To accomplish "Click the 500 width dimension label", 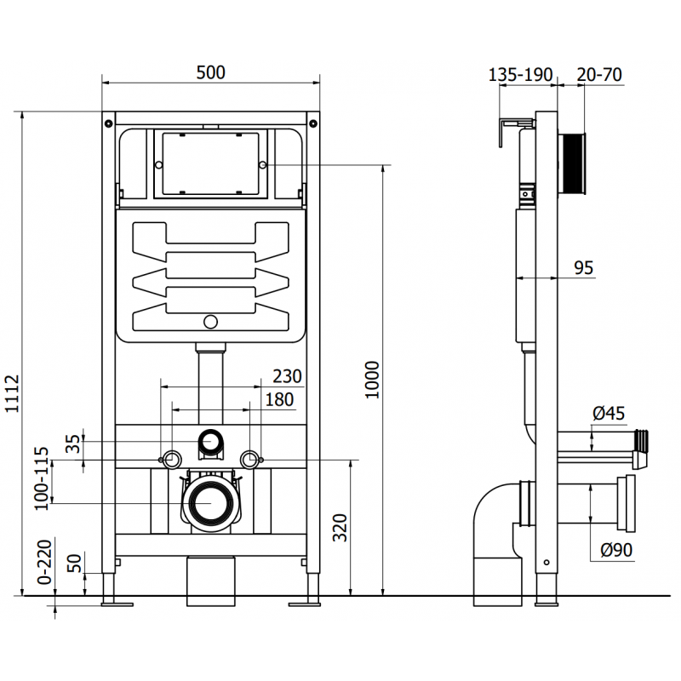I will point(210,73).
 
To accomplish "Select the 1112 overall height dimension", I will point(11,393).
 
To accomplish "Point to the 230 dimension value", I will point(287,376).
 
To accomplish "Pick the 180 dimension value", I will point(278,399).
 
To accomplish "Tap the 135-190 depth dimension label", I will point(521,75).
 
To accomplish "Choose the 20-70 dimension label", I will point(599,75).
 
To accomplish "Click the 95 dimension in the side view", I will point(583,268).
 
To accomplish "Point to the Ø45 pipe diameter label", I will point(608,414).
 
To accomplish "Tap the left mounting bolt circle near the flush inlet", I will point(171,460).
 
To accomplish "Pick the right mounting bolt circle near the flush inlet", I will point(249,460).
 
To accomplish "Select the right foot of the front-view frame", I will point(307,603).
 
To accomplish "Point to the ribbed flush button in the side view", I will point(573,165).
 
